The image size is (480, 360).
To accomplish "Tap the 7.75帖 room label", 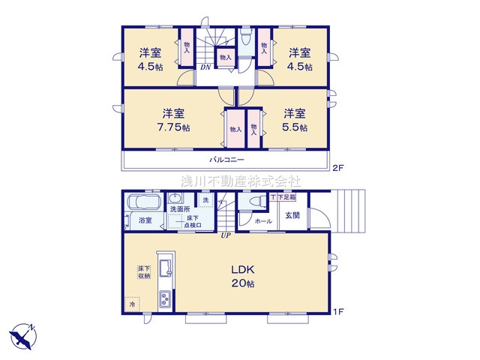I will pos(173,120).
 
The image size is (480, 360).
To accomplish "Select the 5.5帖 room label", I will pos(295,120).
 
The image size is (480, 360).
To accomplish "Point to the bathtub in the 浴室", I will pos(141,204).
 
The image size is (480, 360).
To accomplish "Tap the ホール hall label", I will pos(263,221).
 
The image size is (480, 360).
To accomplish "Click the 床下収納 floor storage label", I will pos(144,272).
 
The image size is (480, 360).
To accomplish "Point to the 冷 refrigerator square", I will pos(132,304).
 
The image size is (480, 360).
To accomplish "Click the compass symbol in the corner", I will pos(22,333).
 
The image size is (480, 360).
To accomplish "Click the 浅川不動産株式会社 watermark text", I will pos(240,181).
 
